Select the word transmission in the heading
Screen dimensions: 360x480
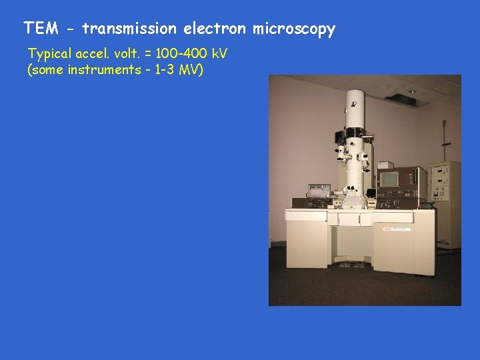130,29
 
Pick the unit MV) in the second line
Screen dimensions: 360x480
190,70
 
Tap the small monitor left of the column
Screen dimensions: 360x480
319,190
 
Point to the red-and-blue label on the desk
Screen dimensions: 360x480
396,229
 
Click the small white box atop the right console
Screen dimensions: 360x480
385,164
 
